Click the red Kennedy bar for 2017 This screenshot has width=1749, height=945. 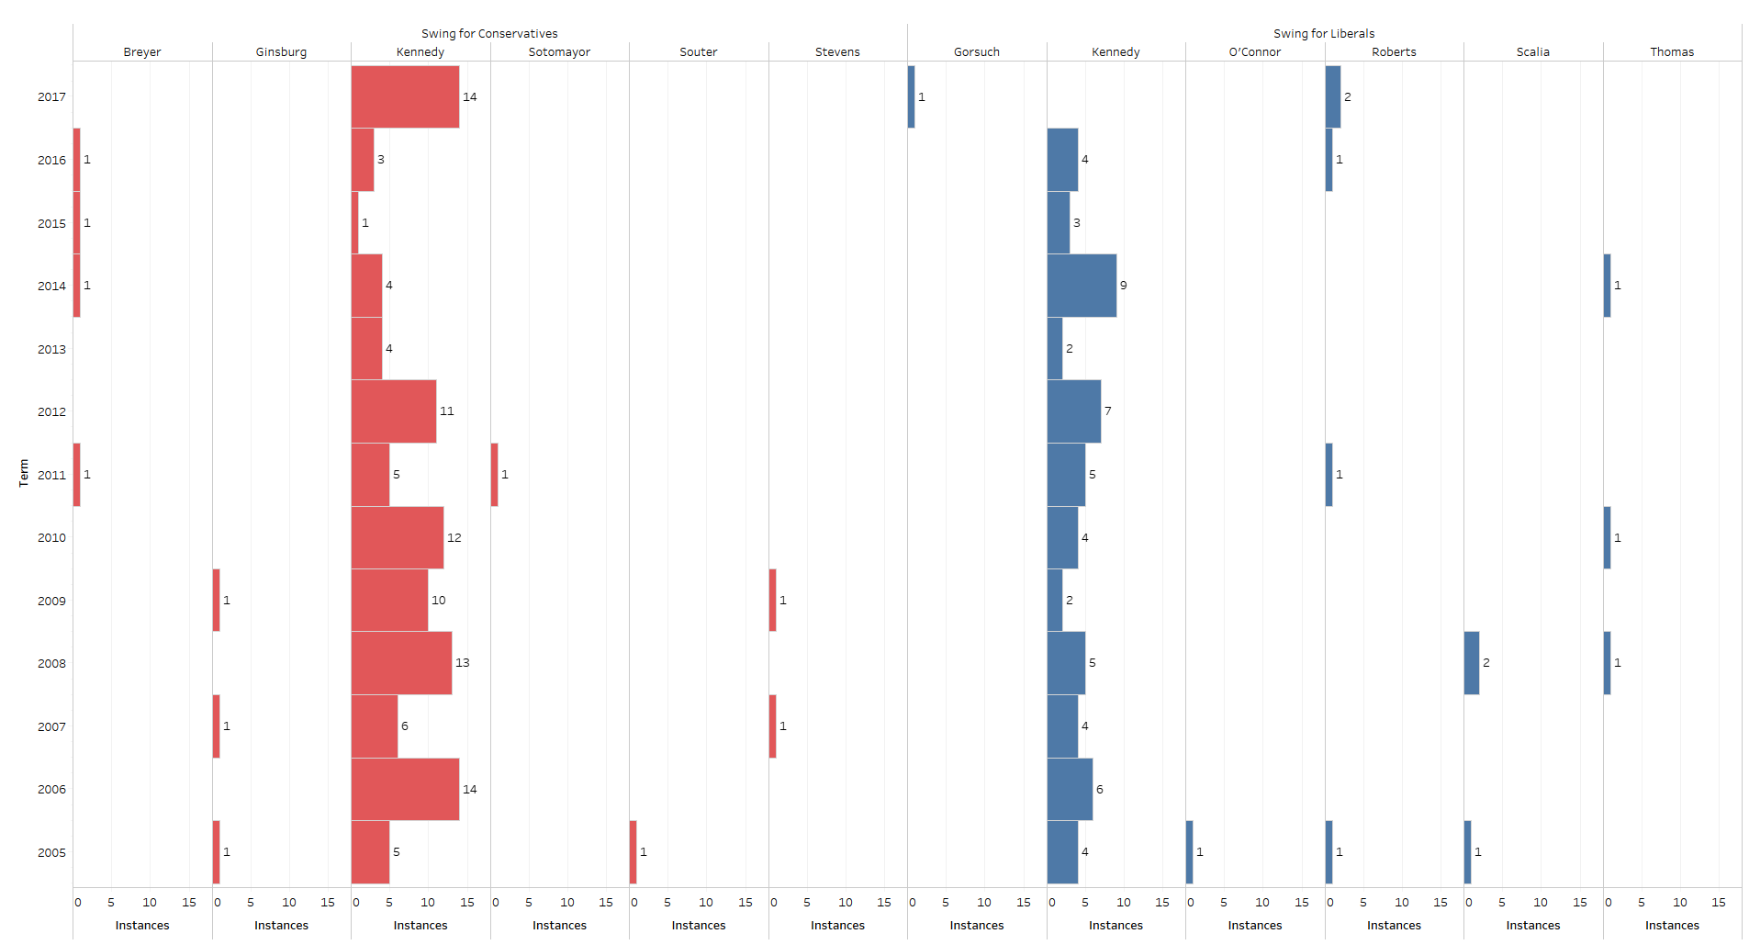(x=405, y=96)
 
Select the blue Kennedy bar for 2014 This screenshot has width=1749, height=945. (x=1082, y=286)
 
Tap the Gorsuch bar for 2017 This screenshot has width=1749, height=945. (x=911, y=96)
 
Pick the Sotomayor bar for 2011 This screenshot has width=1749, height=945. (x=495, y=475)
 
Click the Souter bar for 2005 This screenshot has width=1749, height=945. (x=633, y=852)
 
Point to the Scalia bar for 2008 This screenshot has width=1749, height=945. (x=1472, y=663)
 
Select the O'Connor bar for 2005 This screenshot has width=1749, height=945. (x=1190, y=852)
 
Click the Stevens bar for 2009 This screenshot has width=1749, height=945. (x=773, y=601)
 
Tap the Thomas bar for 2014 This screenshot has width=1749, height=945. (x=1608, y=286)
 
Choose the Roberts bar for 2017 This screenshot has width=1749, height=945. (x=1333, y=96)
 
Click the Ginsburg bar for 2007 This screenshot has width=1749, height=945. (x=217, y=726)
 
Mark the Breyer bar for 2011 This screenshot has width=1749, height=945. (x=77, y=475)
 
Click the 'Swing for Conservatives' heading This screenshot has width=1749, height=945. (x=489, y=34)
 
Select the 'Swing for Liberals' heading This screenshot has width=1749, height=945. (x=1324, y=34)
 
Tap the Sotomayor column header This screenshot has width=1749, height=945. (x=559, y=52)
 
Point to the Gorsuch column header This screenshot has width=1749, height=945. (x=976, y=52)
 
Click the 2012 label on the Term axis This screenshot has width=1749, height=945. (x=51, y=412)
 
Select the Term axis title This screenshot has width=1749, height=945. (x=24, y=473)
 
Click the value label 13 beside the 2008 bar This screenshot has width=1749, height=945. (x=463, y=663)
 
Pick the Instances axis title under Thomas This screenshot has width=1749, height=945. (x=1672, y=926)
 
